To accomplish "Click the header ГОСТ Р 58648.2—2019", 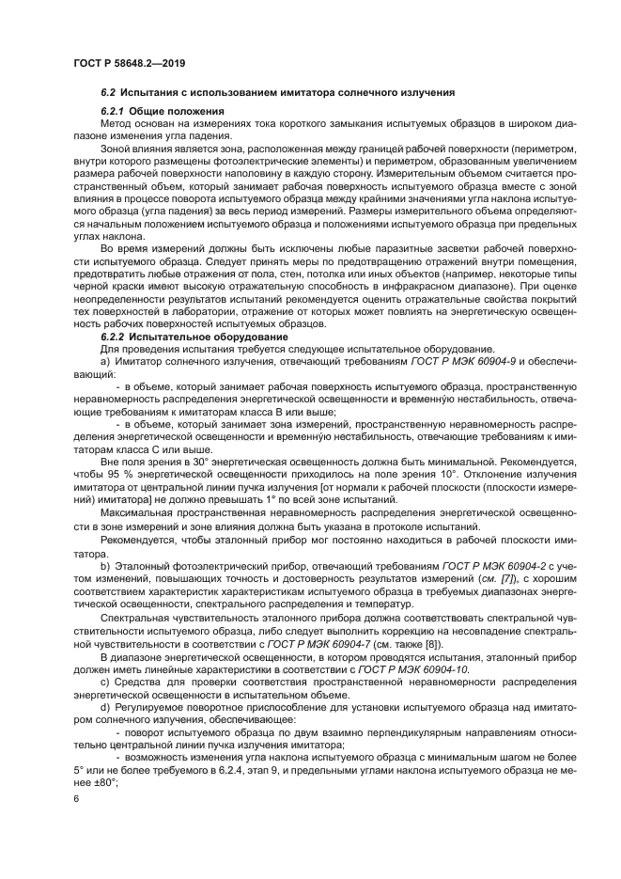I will (128, 63).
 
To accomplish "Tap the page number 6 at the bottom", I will (76, 798).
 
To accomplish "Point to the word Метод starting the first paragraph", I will (116, 123).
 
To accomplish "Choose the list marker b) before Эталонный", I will (105, 562).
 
